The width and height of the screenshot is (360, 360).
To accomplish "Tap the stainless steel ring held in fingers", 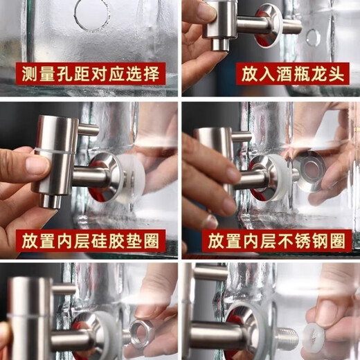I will click(x=309, y=170).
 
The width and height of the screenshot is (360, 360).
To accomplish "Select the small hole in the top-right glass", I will click(x=314, y=37).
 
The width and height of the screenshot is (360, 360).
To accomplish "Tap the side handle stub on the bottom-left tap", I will click(x=64, y=289).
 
